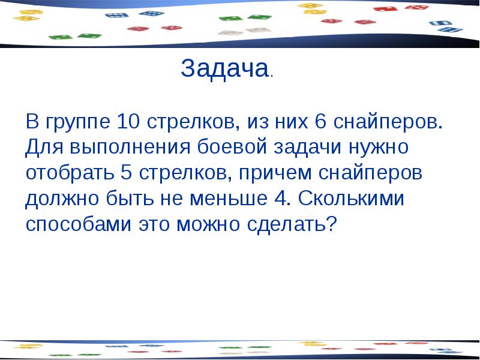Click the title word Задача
(224, 70)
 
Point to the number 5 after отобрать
(126, 173)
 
